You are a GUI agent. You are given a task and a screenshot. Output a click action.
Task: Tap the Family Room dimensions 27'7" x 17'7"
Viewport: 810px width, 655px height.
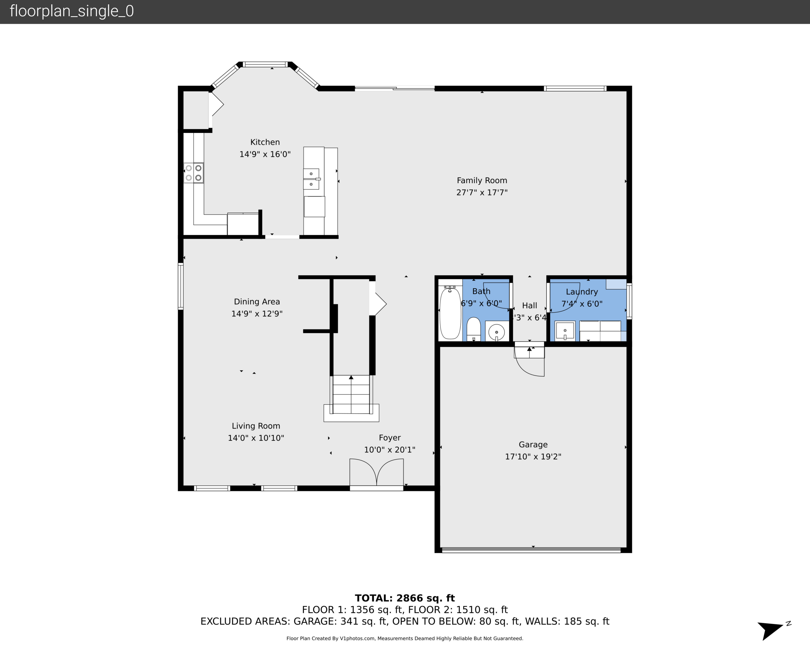[482, 192]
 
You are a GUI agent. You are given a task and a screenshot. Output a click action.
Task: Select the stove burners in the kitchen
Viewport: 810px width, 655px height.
[193, 173]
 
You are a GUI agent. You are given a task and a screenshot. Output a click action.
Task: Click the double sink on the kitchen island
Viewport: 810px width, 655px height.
[311, 179]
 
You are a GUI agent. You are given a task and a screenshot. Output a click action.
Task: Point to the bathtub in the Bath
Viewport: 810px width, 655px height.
[450, 313]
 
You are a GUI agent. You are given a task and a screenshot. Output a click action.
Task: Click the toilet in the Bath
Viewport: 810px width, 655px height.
[473, 329]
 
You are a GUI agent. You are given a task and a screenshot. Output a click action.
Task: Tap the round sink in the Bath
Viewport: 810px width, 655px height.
[496, 332]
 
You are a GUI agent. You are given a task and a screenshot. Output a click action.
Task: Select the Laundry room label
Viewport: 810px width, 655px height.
[582, 292]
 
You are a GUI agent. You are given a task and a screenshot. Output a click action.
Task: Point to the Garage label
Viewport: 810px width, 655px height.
[533, 445]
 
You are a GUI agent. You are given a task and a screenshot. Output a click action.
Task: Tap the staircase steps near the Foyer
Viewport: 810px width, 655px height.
[351, 394]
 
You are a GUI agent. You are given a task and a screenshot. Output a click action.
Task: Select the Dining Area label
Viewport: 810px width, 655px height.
[257, 301]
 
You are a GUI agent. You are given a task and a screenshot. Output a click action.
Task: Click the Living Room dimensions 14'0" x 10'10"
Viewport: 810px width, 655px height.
[256, 438]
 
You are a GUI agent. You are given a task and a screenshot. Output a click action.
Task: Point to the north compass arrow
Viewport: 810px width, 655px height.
[771, 629]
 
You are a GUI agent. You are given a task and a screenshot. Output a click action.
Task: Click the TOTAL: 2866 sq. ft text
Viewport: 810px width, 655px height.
[405, 598]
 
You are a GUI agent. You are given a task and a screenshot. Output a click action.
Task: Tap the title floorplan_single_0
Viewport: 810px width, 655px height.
[72, 11]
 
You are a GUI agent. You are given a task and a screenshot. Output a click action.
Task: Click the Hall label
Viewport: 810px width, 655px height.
[529, 305]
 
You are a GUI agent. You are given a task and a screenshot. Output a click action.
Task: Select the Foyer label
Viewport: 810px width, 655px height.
[390, 438]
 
